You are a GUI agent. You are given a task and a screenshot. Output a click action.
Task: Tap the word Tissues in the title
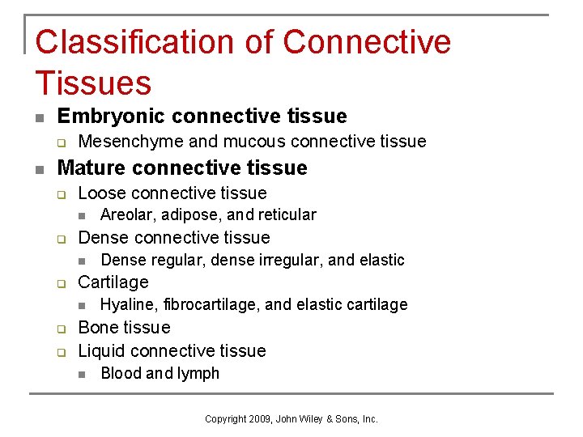[x=93, y=83]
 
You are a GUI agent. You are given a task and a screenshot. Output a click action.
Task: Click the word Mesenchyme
[x=131, y=142]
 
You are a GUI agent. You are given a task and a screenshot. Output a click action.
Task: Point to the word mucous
[x=253, y=142]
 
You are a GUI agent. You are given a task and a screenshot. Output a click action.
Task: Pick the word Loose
[x=101, y=193]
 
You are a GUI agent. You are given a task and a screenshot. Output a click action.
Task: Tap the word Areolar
[x=126, y=214]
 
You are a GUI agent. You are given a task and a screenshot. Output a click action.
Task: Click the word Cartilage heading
[x=113, y=282]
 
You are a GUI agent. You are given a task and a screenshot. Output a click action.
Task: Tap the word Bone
[x=96, y=328]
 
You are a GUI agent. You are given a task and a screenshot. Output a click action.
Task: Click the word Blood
[x=121, y=373]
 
